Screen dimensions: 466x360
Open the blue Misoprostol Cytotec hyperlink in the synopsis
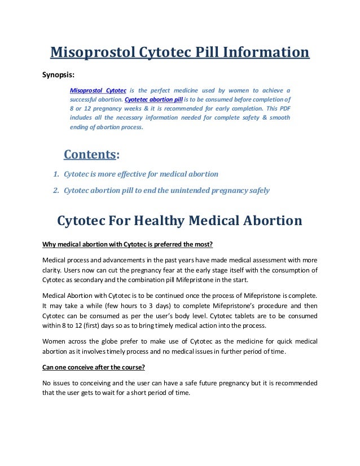98,90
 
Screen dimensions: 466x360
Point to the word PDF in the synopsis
282,108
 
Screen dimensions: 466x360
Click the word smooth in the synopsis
279,117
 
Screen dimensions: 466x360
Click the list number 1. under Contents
56,174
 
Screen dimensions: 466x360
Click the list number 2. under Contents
56,190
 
